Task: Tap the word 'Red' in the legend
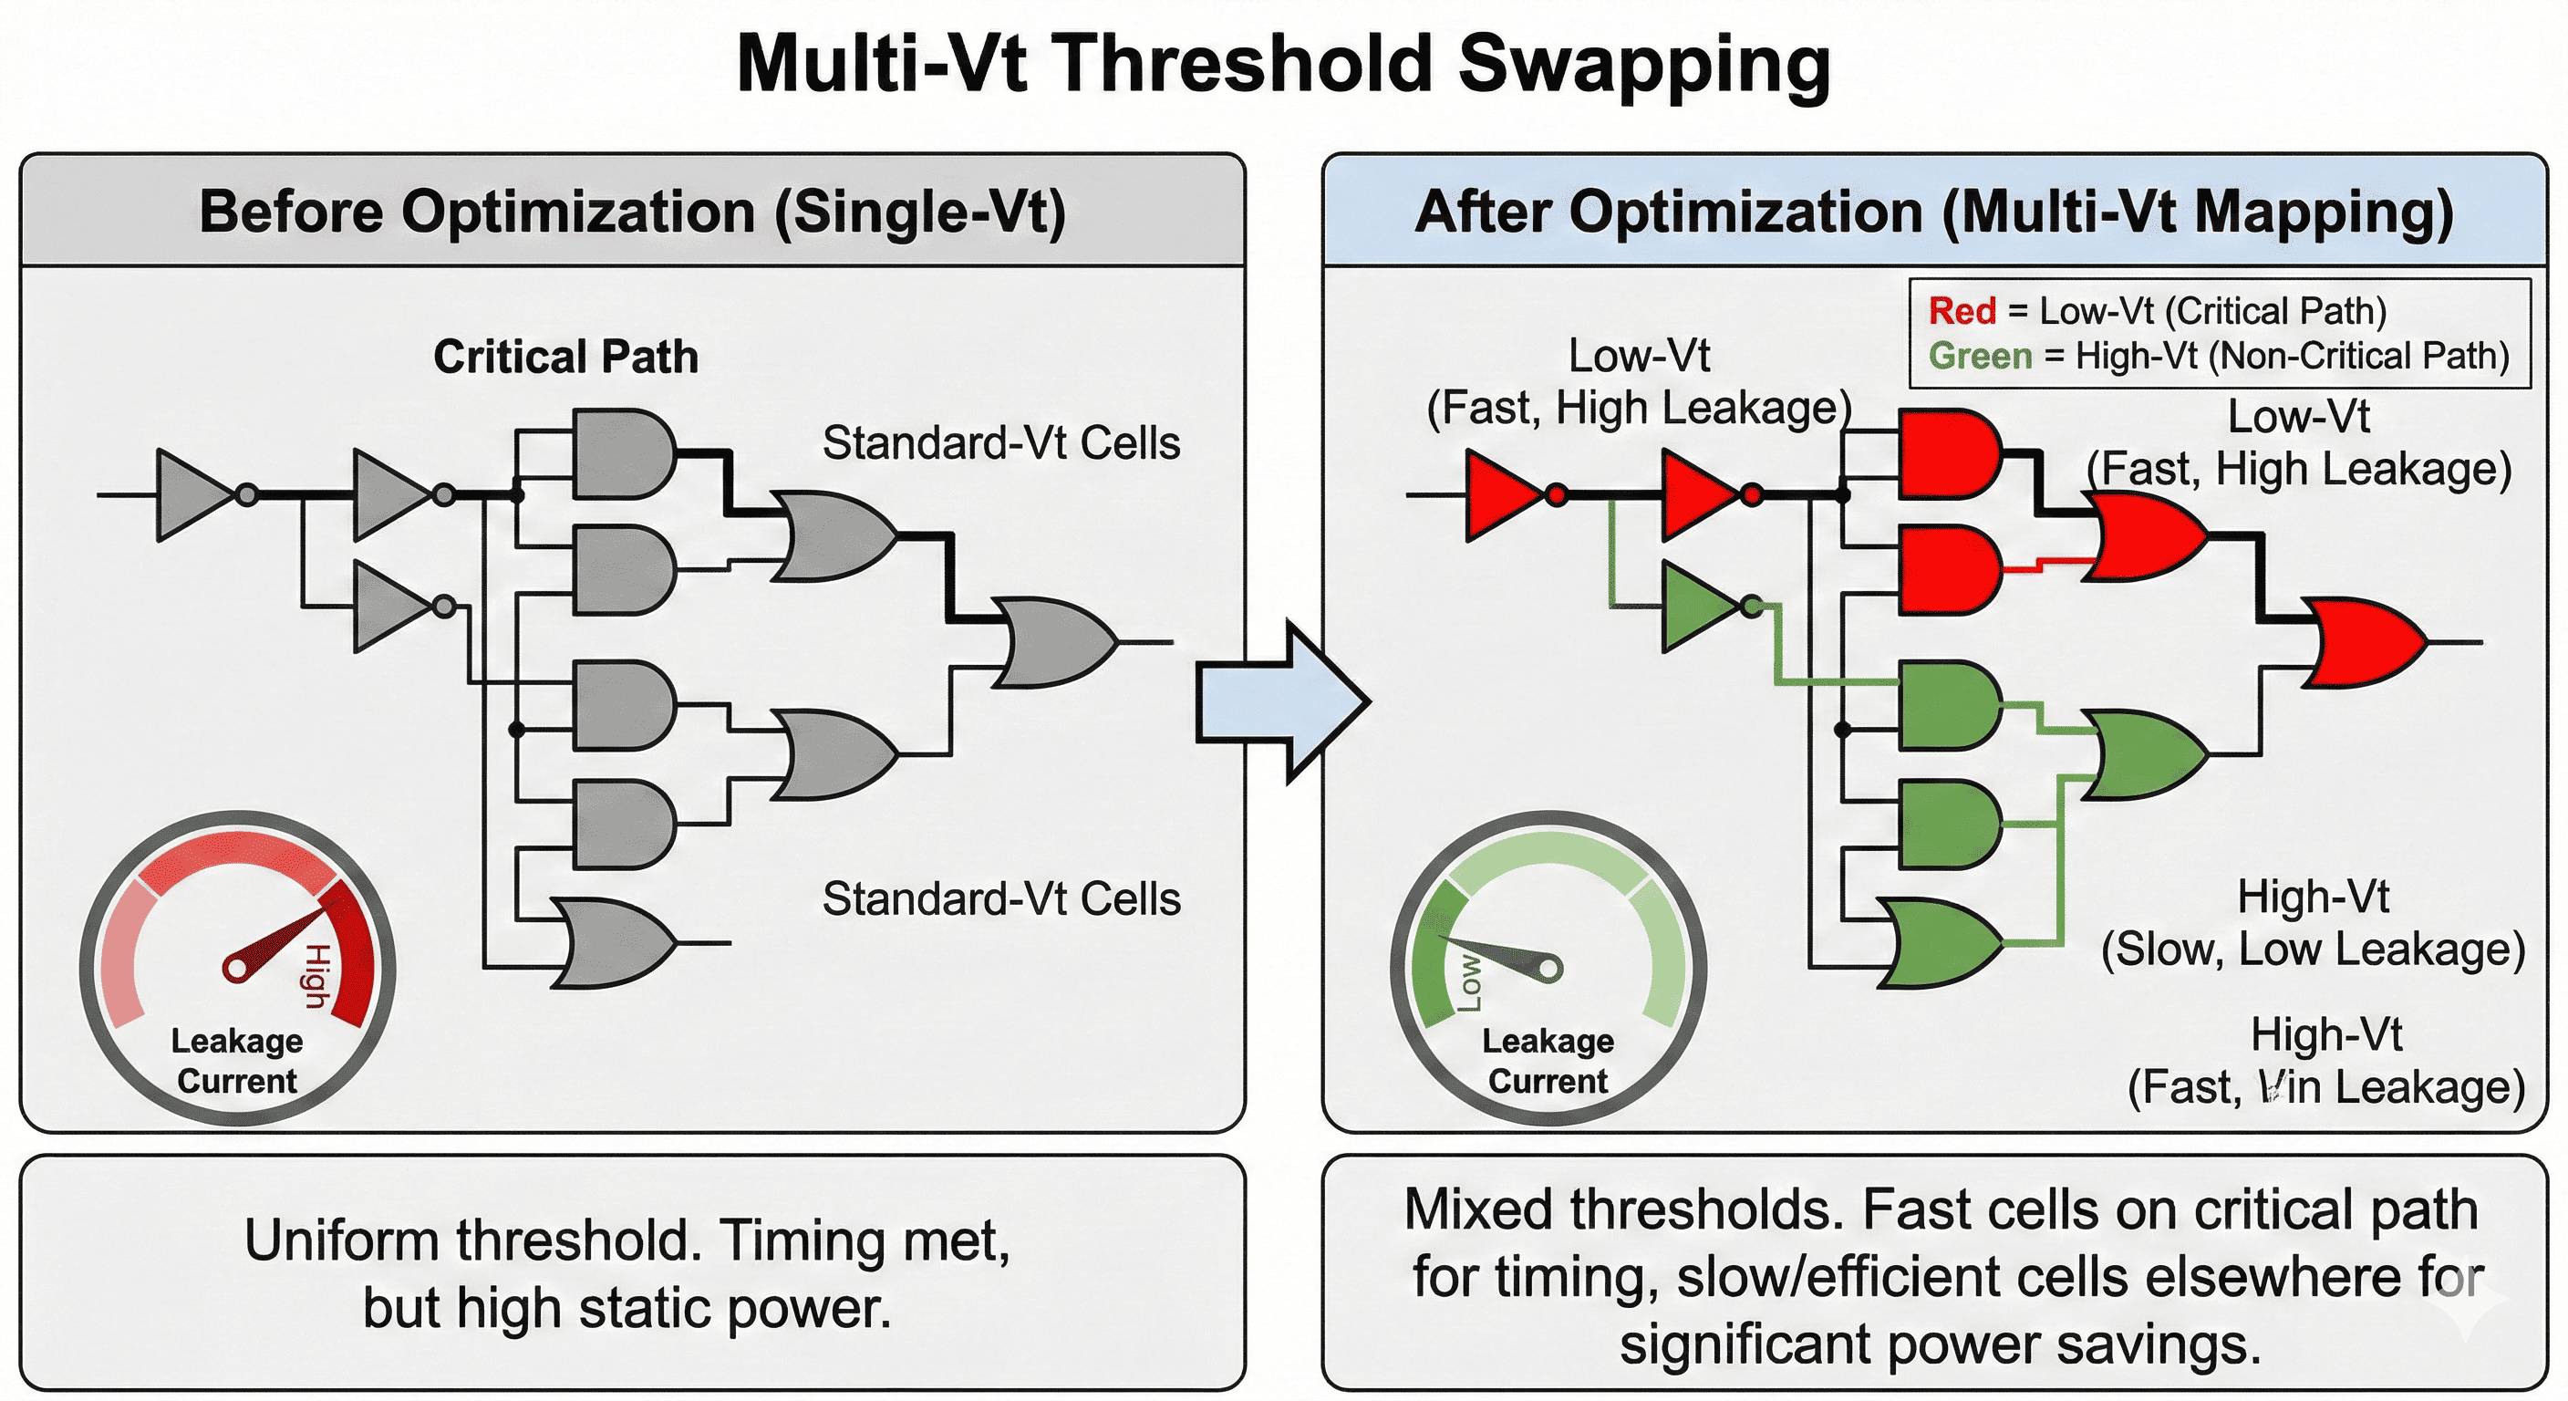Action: click(x=1961, y=311)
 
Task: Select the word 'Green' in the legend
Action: click(x=1979, y=356)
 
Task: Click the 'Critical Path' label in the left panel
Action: click(x=565, y=357)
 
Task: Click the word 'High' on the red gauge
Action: click(x=316, y=976)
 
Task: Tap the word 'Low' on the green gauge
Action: click(x=1469, y=982)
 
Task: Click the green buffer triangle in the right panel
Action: click(x=1698, y=607)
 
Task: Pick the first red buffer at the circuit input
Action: click(x=1501, y=494)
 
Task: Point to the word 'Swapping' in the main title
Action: click(x=1644, y=64)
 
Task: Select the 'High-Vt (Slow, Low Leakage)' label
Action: click(x=2312, y=923)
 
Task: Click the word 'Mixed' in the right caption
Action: click(x=1477, y=1210)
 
